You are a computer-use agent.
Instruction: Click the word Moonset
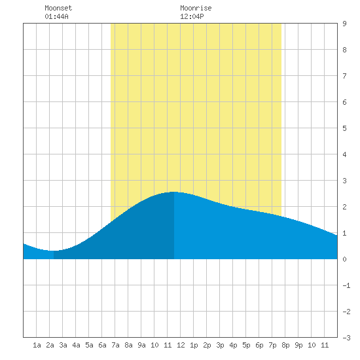(x=58, y=8)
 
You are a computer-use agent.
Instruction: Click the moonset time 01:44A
(x=56, y=16)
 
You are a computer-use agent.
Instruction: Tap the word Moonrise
(x=196, y=8)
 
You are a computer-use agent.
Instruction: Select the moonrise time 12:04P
(x=192, y=16)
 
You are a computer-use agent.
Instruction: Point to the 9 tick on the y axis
(x=344, y=24)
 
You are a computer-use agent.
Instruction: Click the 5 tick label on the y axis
(x=344, y=128)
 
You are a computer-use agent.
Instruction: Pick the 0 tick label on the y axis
(x=344, y=259)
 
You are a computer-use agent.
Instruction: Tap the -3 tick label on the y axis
(x=346, y=338)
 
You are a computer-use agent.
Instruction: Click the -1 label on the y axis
(x=346, y=285)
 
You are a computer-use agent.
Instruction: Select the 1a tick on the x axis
(x=37, y=345)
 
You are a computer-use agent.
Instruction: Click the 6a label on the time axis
(x=102, y=345)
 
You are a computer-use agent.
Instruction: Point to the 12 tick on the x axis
(x=181, y=345)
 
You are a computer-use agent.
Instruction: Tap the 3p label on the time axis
(x=220, y=345)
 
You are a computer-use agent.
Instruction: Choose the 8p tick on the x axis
(x=285, y=345)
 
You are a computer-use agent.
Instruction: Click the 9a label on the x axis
(x=141, y=345)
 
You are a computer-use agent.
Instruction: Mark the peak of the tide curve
(x=174, y=192)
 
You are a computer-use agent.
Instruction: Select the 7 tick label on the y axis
(x=344, y=76)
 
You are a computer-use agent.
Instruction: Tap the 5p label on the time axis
(x=246, y=345)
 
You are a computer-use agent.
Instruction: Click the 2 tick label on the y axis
(x=344, y=207)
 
